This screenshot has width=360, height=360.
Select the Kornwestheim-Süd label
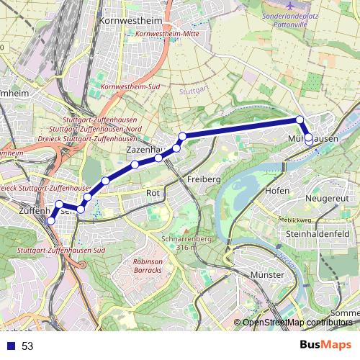pos(130,88)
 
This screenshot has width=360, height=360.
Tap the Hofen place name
pos(276,190)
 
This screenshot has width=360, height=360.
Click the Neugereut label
pos(327,197)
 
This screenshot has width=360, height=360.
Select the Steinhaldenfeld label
pos(318,234)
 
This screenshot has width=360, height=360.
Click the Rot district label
pos(152,193)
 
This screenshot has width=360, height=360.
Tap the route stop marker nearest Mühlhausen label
pos(309,138)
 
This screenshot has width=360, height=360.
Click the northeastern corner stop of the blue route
pos(300,120)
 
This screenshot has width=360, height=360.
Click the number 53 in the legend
pos(27,346)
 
